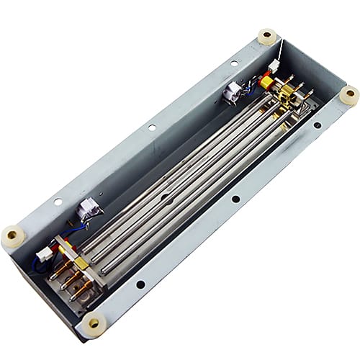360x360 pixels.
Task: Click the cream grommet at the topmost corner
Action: [268, 36]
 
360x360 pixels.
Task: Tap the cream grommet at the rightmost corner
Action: [348, 95]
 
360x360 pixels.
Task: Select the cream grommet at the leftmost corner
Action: [12, 235]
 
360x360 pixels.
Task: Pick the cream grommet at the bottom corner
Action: [93, 324]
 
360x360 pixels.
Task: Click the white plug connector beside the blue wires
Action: [45, 253]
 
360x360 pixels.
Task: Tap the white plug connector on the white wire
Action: [274, 66]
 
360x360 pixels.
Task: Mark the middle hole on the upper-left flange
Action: [151, 127]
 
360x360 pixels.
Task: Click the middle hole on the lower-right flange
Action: [235, 199]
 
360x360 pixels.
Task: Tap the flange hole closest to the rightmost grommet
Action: [317, 125]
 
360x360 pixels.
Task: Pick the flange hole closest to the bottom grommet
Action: [140, 284]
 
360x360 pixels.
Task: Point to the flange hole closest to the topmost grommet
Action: [233, 63]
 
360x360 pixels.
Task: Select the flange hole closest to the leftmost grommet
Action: [58, 202]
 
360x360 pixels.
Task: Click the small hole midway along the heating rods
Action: [167, 194]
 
